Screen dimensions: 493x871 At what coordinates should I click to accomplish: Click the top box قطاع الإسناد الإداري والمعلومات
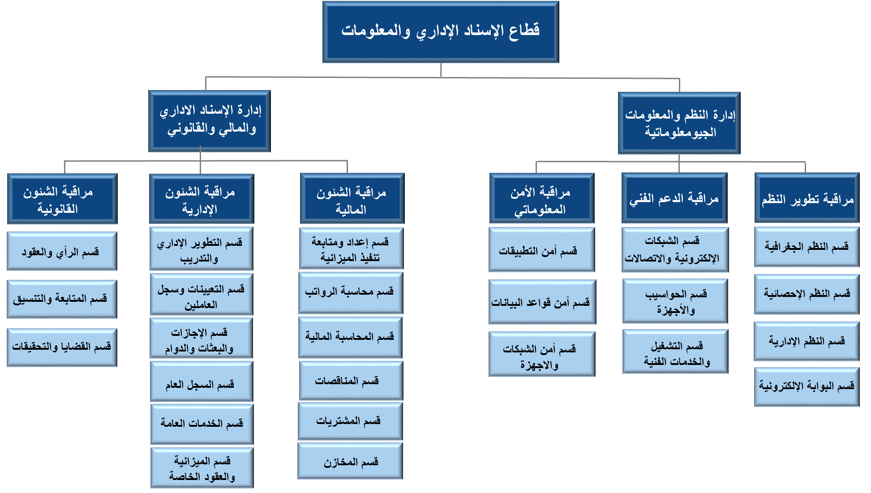click(x=440, y=32)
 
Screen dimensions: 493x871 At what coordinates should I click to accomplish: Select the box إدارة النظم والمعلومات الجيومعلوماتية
click(x=679, y=123)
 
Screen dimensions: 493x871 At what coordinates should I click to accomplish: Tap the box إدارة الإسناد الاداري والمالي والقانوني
click(x=209, y=121)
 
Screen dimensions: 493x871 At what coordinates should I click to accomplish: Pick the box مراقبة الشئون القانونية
click(x=62, y=199)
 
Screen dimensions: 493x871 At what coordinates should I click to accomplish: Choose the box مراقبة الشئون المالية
click(x=352, y=199)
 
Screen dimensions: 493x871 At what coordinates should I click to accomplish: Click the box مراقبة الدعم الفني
click(x=674, y=198)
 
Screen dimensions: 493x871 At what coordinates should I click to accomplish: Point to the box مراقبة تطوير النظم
click(x=807, y=198)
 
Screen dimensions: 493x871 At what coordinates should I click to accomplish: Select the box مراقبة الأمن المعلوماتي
click(x=541, y=199)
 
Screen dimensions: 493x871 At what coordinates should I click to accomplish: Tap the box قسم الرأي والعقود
click(x=62, y=251)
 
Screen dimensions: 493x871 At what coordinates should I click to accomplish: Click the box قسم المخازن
click(x=350, y=461)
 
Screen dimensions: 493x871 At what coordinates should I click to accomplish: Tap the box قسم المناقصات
click(x=351, y=381)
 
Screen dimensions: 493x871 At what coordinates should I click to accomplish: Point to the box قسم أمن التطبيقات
click(x=541, y=250)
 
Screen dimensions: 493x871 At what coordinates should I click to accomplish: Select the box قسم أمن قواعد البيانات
click(x=542, y=302)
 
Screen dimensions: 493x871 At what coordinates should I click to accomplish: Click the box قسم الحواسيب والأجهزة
click(x=675, y=301)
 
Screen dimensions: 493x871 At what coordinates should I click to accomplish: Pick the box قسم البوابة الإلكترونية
click(x=807, y=387)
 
